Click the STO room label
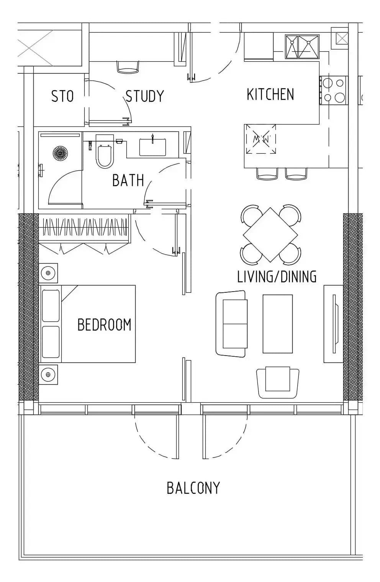pyautogui.click(x=62, y=96)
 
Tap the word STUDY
pyautogui.click(x=145, y=96)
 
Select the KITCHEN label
pyautogui.click(x=270, y=94)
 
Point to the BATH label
pyautogui.click(x=128, y=180)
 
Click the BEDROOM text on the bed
pyautogui.click(x=105, y=325)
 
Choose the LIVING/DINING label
pyautogui.click(x=277, y=277)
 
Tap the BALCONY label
pyautogui.click(x=193, y=488)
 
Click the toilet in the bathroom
pyautogui.click(x=105, y=151)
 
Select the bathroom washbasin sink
pyautogui.click(x=152, y=147)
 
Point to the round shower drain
pyautogui.click(x=60, y=153)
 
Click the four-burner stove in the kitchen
pyautogui.click(x=334, y=90)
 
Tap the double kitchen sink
pyautogui.click(x=302, y=47)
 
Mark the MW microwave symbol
pyautogui.click(x=260, y=139)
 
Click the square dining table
pyautogui.click(x=270, y=234)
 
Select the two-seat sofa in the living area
pyautogui.click(x=231, y=324)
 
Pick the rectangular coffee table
pyautogui.click(x=278, y=324)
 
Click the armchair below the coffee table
pyautogui.click(x=278, y=382)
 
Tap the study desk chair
pyautogui.click(x=128, y=67)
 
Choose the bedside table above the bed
pyautogui.click(x=48, y=273)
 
